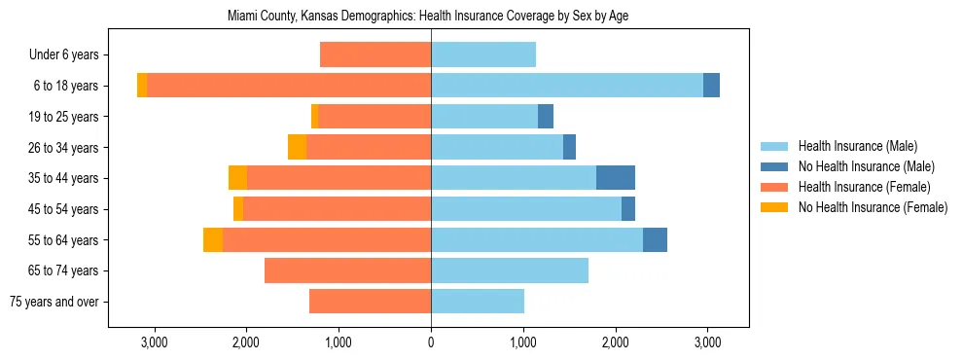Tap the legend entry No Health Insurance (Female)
873,207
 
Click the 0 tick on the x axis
431,342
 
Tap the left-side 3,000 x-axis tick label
154,342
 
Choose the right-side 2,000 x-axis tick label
615,342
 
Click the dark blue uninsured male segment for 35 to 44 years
616,178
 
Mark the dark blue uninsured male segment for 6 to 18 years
711,86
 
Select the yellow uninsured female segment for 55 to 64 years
213,239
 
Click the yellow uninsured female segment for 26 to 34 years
298,147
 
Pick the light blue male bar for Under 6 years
483,55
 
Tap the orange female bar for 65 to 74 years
347,270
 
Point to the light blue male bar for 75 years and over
478,302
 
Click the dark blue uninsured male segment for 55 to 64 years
655,239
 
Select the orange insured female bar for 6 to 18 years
289,86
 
